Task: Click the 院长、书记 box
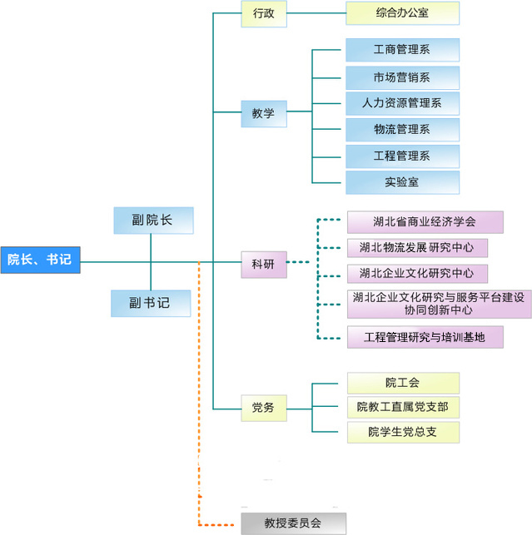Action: click(x=40, y=260)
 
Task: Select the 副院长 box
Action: click(x=152, y=220)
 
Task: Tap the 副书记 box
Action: click(x=151, y=303)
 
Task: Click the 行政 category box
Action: click(x=263, y=13)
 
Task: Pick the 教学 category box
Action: click(x=263, y=113)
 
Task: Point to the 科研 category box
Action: click(x=263, y=264)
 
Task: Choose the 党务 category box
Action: click(x=263, y=408)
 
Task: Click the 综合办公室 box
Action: click(x=402, y=13)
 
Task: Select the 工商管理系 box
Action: click(x=402, y=50)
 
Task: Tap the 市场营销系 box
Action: click(x=402, y=77)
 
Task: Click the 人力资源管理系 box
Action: click(x=402, y=104)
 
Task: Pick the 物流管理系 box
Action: click(x=402, y=130)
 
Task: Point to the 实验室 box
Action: click(x=402, y=181)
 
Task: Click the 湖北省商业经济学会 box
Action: click(x=425, y=221)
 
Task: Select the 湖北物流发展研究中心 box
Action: click(x=416, y=247)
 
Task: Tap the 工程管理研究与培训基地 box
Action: click(x=425, y=337)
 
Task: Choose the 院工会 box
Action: click(x=402, y=383)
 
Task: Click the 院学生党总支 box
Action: click(x=402, y=432)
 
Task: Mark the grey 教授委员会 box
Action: click(x=292, y=523)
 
